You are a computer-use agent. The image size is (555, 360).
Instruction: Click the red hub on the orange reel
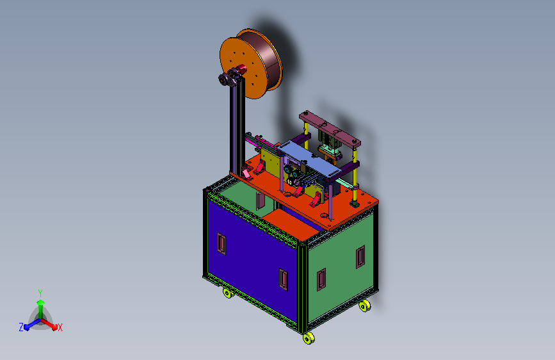(241, 69)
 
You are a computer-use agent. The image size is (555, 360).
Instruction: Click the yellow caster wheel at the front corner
(309, 338)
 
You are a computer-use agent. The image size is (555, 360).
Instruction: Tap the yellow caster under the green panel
(365, 306)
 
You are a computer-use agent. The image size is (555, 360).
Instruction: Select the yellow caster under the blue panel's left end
(228, 293)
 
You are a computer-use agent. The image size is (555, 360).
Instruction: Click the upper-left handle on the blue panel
(221, 244)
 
